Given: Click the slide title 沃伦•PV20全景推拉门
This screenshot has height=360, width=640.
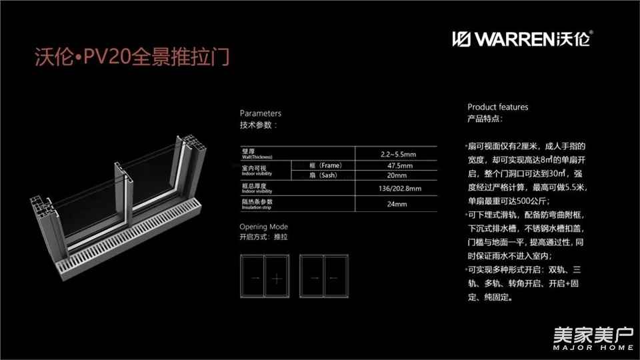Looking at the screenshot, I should coord(131,56).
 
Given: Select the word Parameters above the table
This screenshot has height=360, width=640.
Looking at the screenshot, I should coord(261,113).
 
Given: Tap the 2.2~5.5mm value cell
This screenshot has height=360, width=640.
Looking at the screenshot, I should coord(397,153).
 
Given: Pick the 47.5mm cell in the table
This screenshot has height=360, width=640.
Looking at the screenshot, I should coord(397,165).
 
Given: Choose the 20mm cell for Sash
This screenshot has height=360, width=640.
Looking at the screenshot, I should coord(397,175).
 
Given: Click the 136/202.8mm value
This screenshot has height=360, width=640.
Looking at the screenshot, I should coord(397,189).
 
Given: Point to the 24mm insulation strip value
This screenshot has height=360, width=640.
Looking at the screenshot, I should coord(397,203).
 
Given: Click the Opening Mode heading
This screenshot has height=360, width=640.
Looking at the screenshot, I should coord(263,227).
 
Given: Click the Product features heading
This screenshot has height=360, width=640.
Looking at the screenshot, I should coord(497,107).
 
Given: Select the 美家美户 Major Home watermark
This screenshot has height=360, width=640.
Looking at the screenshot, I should coord(592,338).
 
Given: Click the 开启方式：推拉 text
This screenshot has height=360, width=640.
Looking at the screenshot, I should coord(264,237).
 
